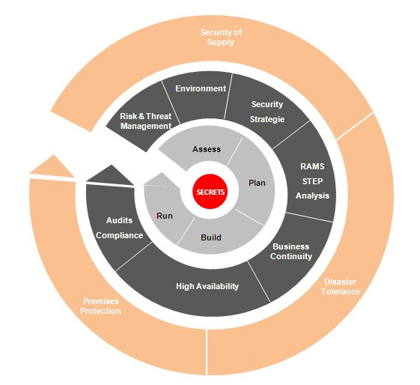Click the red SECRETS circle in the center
click(x=210, y=191)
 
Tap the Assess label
click(x=207, y=149)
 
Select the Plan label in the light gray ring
click(x=257, y=183)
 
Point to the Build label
click(x=211, y=237)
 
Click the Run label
click(x=165, y=216)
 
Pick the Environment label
click(x=201, y=88)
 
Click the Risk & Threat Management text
click(x=146, y=121)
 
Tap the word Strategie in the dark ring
click(x=267, y=119)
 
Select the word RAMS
click(x=312, y=166)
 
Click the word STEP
click(x=312, y=181)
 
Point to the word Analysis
click(x=312, y=195)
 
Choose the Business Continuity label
click(x=291, y=252)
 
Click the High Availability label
click(x=207, y=286)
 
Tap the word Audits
click(x=119, y=220)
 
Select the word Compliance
click(x=120, y=235)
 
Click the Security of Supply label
click(x=221, y=37)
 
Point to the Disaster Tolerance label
click(x=341, y=286)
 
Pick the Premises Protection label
click(x=101, y=306)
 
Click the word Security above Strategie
click(x=267, y=104)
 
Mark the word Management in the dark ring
click(x=146, y=126)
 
